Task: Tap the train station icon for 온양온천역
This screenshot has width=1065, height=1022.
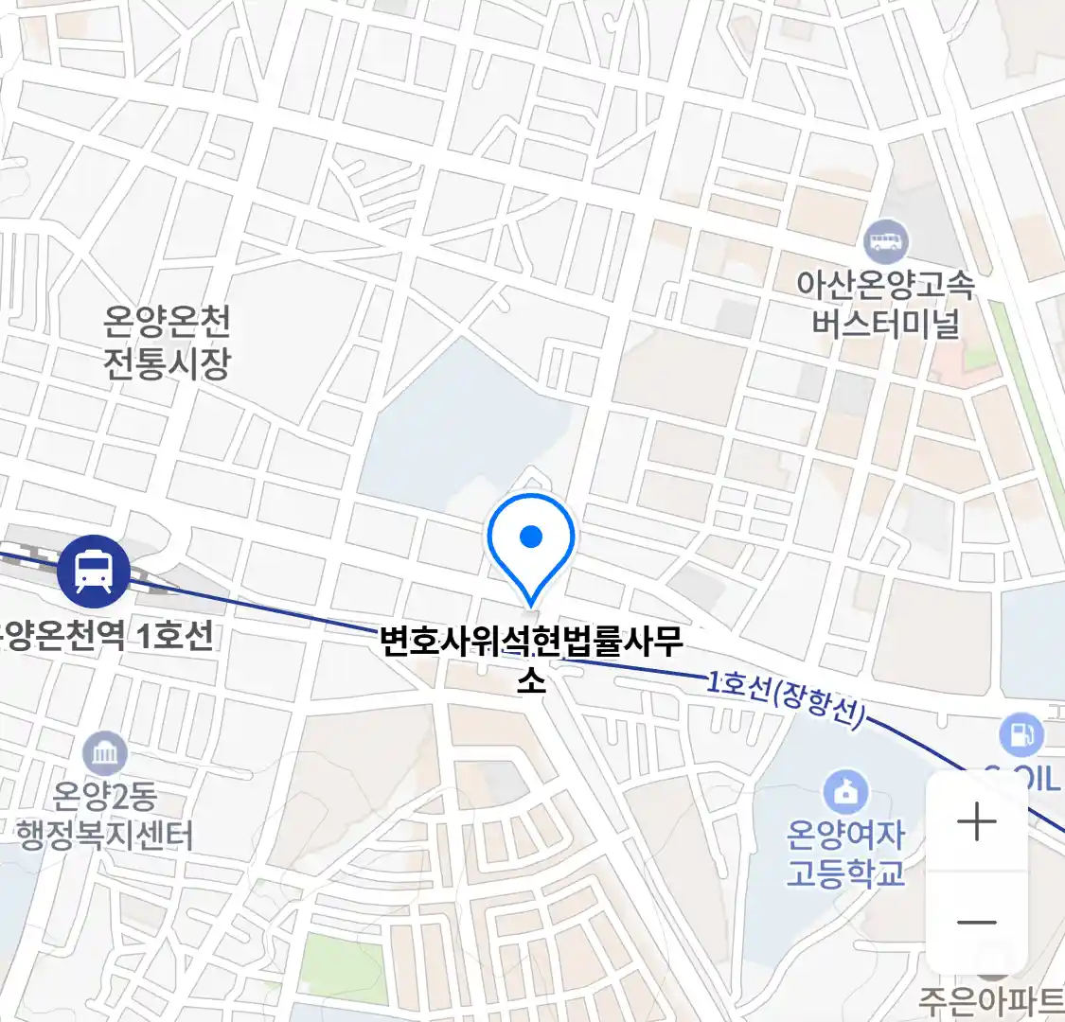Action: (94, 571)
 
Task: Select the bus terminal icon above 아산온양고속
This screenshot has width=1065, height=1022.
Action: (886, 241)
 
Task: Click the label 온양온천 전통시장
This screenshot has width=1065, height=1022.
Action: (168, 343)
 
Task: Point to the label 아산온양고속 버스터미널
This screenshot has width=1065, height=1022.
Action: (885, 304)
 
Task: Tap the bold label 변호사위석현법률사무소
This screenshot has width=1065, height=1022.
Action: (531, 643)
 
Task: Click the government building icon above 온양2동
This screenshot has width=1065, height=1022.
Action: (104, 754)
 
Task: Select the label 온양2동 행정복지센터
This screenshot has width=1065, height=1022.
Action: (105, 816)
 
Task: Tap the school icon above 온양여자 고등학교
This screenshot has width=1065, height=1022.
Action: (845, 792)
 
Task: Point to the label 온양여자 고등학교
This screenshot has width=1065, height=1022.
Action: (845, 854)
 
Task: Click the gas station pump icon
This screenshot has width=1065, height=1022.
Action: (1021, 735)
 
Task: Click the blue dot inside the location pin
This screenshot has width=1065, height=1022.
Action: (531, 537)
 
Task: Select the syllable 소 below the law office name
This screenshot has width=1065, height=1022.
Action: (531, 679)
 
